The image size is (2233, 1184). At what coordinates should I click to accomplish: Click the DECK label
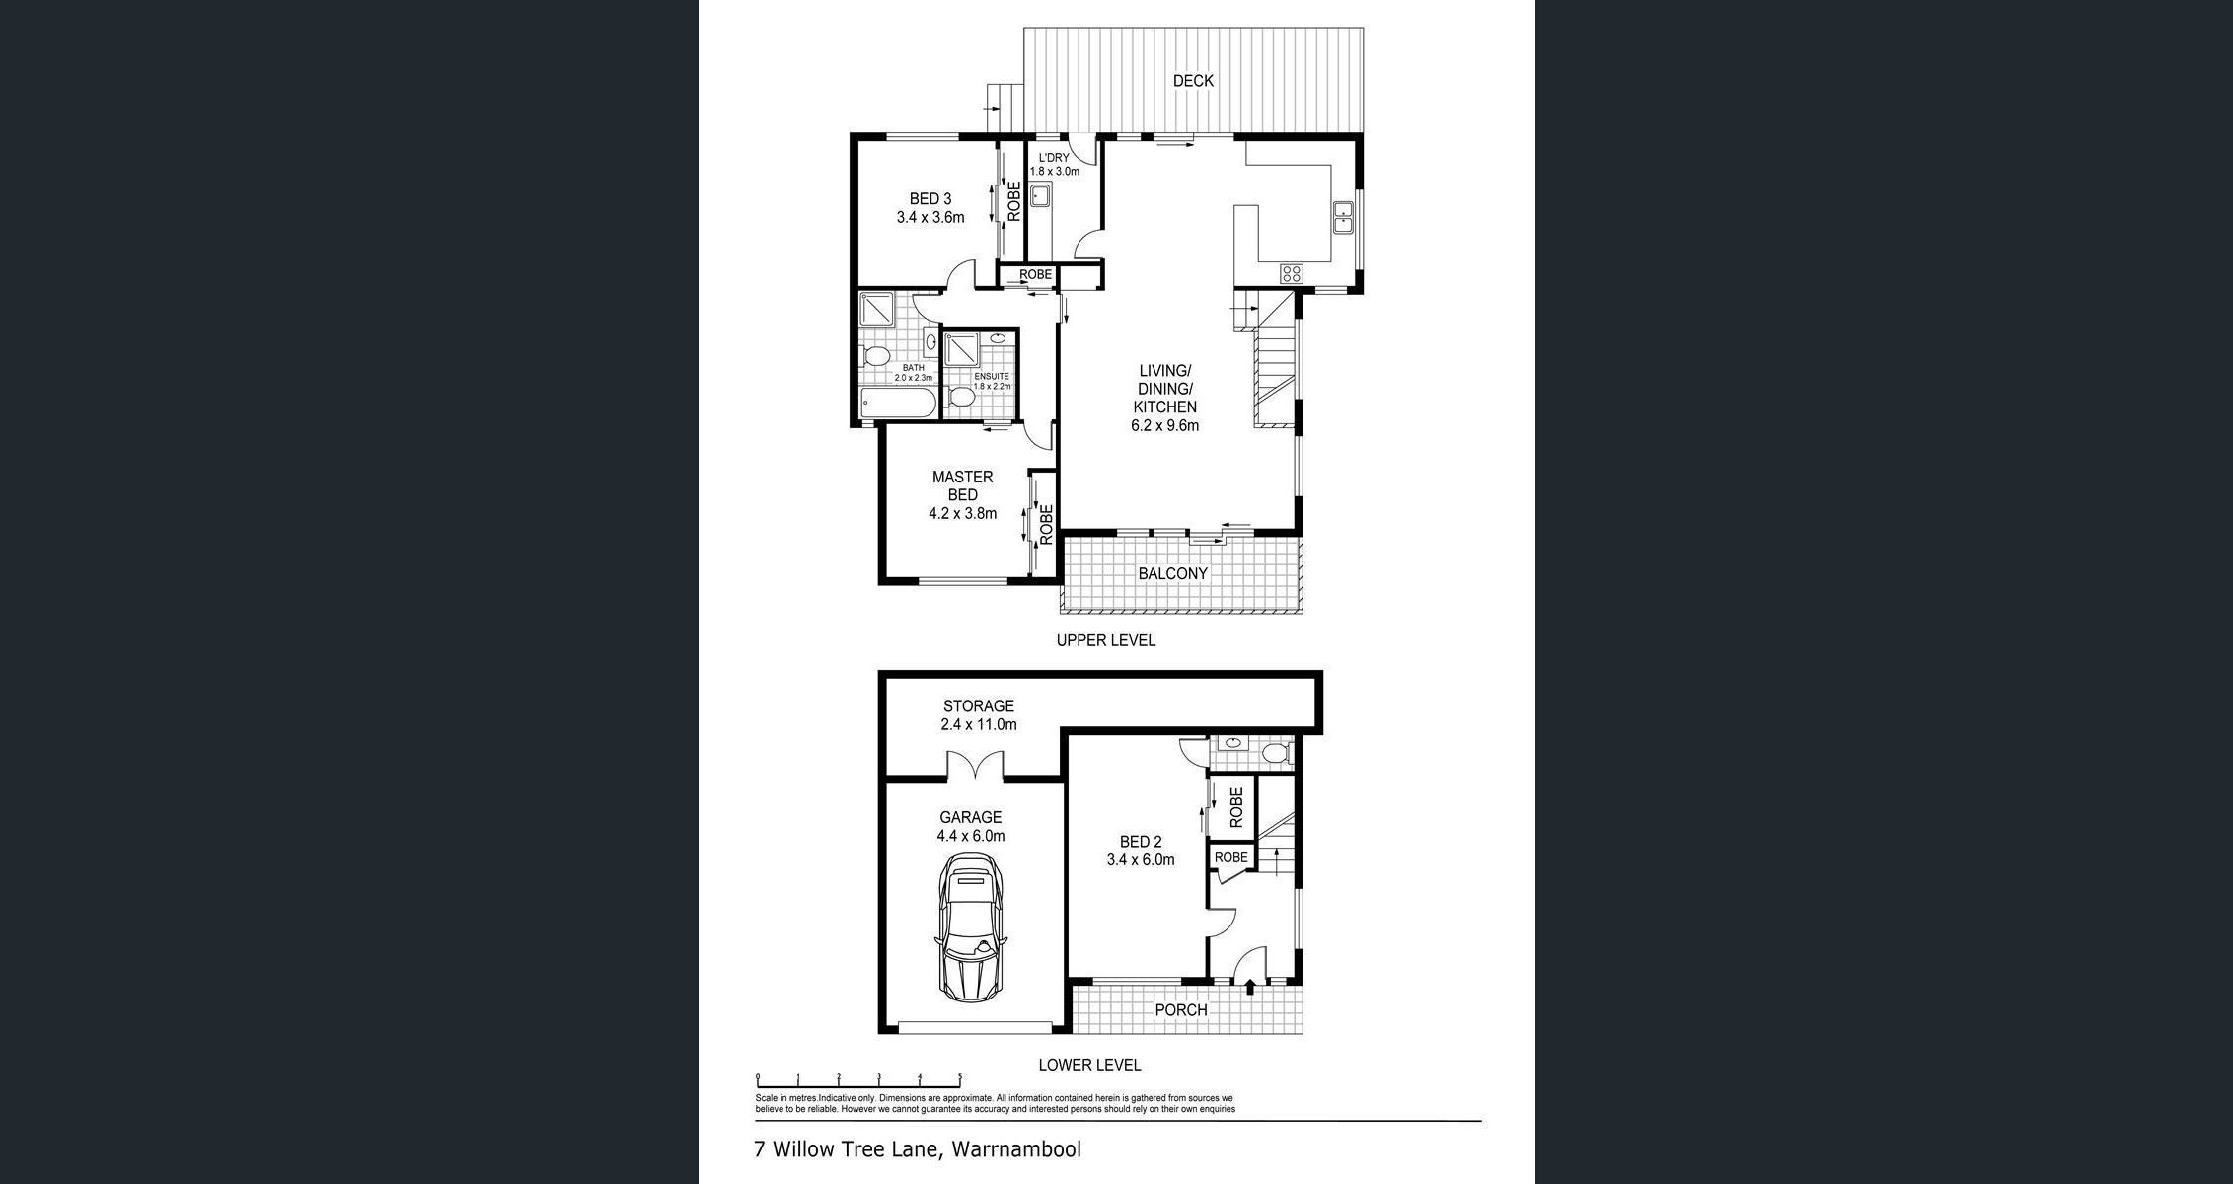(1193, 81)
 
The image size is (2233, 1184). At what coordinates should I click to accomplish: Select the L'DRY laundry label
(1054, 158)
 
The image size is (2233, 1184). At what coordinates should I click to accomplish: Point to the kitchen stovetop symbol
(1292, 273)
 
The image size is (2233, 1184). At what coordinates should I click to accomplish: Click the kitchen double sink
(1343, 217)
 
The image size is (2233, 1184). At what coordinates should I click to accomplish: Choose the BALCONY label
(1173, 573)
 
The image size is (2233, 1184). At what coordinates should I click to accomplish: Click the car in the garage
(972, 927)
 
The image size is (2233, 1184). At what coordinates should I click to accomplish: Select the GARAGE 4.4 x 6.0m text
(971, 826)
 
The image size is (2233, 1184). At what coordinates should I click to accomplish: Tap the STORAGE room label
(979, 705)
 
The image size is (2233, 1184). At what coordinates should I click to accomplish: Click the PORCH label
(1181, 1010)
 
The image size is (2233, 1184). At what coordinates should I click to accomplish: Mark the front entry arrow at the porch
(1251, 985)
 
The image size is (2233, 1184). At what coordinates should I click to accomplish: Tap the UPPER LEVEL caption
(1106, 640)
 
